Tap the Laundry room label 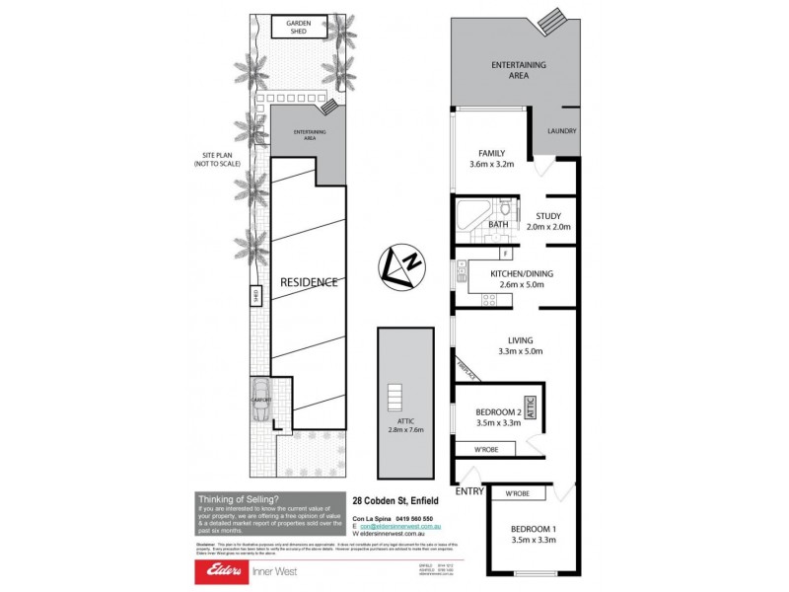pos(562,131)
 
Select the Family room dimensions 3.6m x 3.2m pos(491,167)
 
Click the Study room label pos(547,216)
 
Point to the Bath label pos(498,225)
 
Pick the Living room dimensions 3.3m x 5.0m pos(521,351)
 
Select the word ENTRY pos(468,490)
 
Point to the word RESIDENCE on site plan pos(310,282)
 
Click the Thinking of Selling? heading pos(238,499)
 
